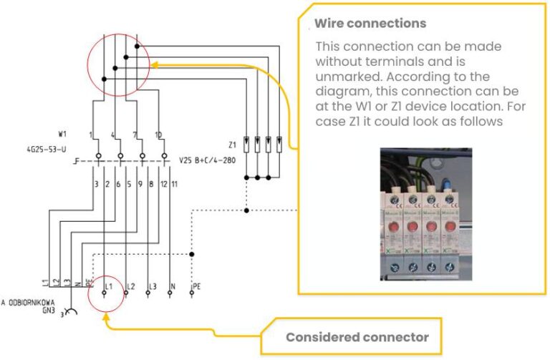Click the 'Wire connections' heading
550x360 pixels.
coord(370,24)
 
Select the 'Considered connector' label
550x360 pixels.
coord(357,337)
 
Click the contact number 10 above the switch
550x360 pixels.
coord(159,135)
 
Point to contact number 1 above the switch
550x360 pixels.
coord(91,135)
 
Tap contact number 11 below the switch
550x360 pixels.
coord(175,185)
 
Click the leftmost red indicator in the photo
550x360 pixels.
coord(392,227)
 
